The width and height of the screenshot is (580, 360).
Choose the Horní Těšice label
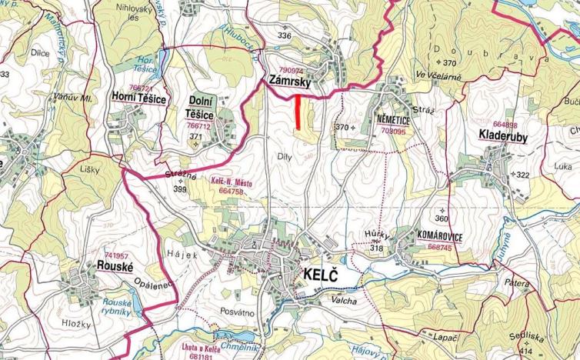point(138,98)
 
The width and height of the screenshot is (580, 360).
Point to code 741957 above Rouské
point(116,255)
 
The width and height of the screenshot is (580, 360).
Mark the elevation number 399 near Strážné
point(181,188)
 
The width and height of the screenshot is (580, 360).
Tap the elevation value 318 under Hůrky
point(376,248)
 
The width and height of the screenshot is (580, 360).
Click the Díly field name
point(282,156)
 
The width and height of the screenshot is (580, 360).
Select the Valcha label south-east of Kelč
point(345,301)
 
